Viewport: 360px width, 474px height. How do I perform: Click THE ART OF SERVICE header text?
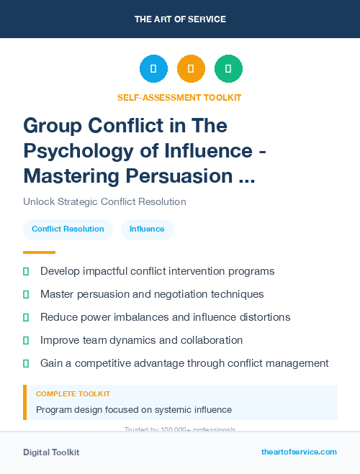click(180, 19)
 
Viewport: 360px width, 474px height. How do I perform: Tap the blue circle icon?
click(153, 69)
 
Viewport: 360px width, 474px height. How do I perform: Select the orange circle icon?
click(191, 69)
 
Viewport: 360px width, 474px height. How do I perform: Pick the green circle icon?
click(228, 69)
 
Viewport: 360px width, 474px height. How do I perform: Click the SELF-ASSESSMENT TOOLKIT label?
click(179, 97)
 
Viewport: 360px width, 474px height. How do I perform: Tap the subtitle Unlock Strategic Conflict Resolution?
click(104, 201)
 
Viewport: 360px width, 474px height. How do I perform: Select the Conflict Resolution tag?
click(68, 229)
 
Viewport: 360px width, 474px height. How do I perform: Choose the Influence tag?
click(147, 229)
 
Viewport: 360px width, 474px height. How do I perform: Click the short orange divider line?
click(39, 252)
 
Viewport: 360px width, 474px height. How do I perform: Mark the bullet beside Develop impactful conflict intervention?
click(26, 271)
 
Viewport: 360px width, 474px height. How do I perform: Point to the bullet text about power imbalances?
click(165, 317)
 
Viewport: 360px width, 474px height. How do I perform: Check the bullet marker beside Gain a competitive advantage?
click(26, 363)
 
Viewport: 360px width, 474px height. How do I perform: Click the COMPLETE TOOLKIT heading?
click(73, 394)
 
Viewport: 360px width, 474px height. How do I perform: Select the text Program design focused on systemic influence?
click(134, 409)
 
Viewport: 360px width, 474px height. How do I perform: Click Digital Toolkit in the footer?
click(51, 452)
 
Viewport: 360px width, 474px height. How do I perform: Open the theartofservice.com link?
click(299, 452)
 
